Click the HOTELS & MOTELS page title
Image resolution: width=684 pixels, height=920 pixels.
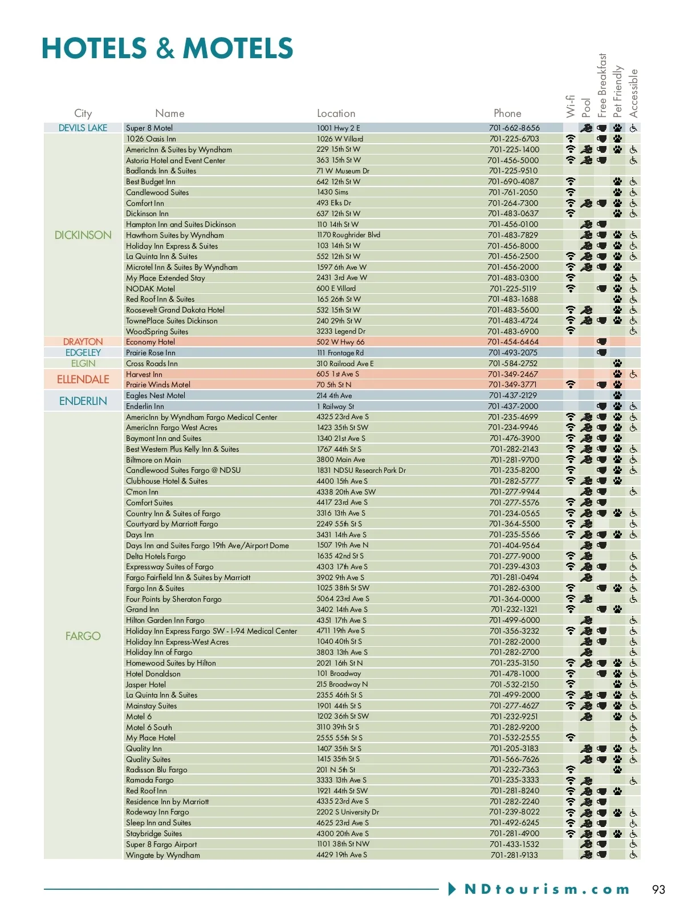point(167,48)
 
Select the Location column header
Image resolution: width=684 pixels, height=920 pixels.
point(336,114)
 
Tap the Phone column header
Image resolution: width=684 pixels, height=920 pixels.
point(507,114)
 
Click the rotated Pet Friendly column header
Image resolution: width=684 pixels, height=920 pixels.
point(617,91)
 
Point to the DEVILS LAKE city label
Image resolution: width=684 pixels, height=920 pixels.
point(83,128)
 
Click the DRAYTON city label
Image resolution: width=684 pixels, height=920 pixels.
point(83,342)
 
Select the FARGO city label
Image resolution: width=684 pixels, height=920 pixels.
point(83,636)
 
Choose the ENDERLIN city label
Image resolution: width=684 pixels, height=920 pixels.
point(83,401)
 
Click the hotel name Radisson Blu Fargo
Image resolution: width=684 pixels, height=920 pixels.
point(156,769)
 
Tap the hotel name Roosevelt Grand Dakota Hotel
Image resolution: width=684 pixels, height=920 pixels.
point(175,310)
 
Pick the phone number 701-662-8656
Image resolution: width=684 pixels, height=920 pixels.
point(514,128)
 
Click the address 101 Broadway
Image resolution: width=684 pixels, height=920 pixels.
point(339,674)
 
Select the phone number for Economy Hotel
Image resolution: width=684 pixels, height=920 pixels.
point(513,342)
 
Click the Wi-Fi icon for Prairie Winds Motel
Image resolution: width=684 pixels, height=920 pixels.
point(571,384)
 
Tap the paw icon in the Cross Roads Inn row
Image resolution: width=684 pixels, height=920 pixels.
point(617,363)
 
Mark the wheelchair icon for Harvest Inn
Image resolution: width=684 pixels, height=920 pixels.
point(633,374)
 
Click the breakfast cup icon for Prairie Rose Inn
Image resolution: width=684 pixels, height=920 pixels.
point(601,352)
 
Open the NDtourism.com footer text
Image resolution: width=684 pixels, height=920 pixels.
point(547,889)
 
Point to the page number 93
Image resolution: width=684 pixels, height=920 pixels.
point(658,889)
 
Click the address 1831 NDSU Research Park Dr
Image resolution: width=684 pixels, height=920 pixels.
point(361,471)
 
